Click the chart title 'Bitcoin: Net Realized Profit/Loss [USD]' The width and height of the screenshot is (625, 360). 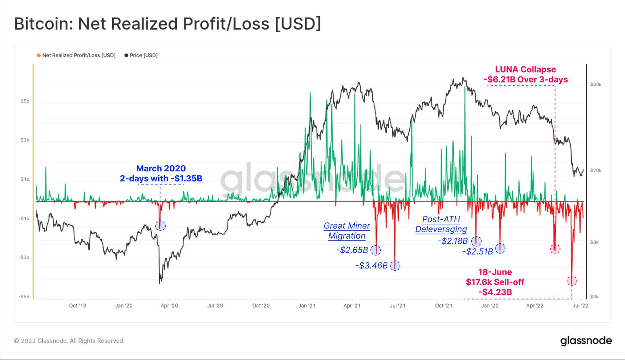[x=167, y=24]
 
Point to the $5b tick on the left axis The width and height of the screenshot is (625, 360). [x=25, y=101]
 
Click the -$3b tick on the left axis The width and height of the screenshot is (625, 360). [x=24, y=257]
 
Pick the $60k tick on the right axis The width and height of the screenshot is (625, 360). [x=596, y=85]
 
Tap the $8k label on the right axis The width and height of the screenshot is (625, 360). [x=594, y=242]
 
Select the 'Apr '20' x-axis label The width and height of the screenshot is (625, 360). [x=169, y=305]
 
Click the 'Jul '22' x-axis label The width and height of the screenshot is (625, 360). [x=580, y=305]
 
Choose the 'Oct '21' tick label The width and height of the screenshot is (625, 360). [x=444, y=305]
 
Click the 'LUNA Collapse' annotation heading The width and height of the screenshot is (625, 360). [x=525, y=70]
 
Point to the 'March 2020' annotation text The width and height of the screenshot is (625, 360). [x=161, y=168]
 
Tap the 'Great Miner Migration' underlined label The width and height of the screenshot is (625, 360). [x=347, y=231]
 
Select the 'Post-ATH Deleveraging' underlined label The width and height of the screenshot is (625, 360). [x=441, y=224]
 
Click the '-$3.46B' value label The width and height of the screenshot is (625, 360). [x=372, y=266]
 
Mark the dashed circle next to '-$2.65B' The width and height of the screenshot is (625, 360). [x=376, y=250]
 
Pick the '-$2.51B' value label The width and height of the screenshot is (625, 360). [x=478, y=251]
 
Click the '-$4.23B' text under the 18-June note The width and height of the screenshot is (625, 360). [x=495, y=292]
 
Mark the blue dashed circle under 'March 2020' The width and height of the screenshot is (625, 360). [x=160, y=226]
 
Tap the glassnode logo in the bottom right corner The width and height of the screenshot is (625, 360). [x=586, y=340]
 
